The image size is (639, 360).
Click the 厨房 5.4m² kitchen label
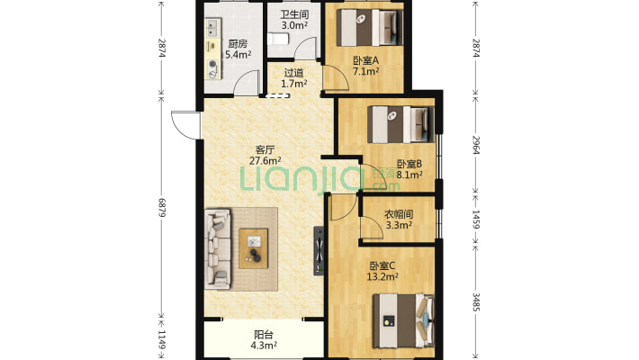tap(238, 49)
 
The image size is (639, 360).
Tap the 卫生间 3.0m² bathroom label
tap(294, 20)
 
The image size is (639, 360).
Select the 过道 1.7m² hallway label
tap(293, 78)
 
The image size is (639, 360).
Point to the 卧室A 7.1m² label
tap(366, 66)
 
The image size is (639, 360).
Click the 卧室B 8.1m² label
tap(409, 169)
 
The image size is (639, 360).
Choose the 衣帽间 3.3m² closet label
tap(399, 220)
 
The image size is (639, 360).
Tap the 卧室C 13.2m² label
tap(382, 272)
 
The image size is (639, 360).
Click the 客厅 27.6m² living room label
tap(265, 156)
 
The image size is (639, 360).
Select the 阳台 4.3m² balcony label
tap(264, 340)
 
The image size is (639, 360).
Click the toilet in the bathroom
tap(278, 39)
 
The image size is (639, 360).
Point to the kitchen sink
tap(212, 28)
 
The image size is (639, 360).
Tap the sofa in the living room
tap(218, 248)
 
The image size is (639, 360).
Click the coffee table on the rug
tap(254, 248)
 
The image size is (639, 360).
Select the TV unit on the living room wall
tap(319, 250)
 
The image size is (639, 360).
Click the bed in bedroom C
tap(404, 321)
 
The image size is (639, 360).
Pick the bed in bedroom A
tap(369, 28)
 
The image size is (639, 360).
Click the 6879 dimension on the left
tap(162, 208)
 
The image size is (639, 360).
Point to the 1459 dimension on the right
tap(476, 220)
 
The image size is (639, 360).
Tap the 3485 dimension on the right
tap(476, 302)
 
